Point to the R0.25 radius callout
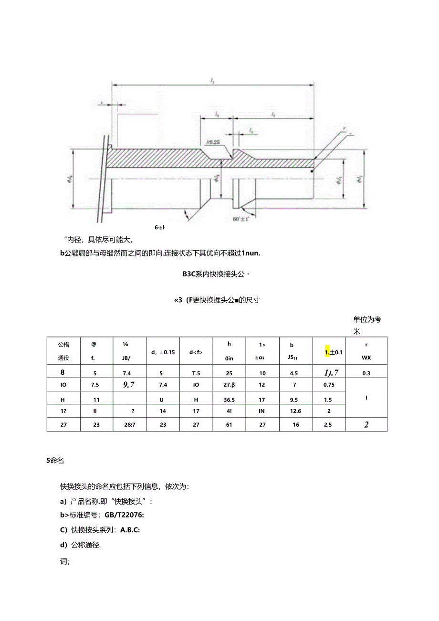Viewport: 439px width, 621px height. [x=212, y=142]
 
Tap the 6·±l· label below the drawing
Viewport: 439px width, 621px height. [x=159, y=227]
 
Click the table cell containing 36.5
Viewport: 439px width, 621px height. [x=229, y=398]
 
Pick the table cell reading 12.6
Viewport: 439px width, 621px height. [x=296, y=411]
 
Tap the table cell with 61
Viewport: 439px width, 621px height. [x=229, y=424]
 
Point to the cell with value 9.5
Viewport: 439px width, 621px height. [x=296, y=398]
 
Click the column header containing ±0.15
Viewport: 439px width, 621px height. [x=163, y=352]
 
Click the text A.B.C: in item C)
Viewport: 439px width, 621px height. [x=124, y=529]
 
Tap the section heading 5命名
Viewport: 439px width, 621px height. [x=55, y=461]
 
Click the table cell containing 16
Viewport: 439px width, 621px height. [x=296, y=424]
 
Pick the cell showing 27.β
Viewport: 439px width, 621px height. [x=229, y=385]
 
